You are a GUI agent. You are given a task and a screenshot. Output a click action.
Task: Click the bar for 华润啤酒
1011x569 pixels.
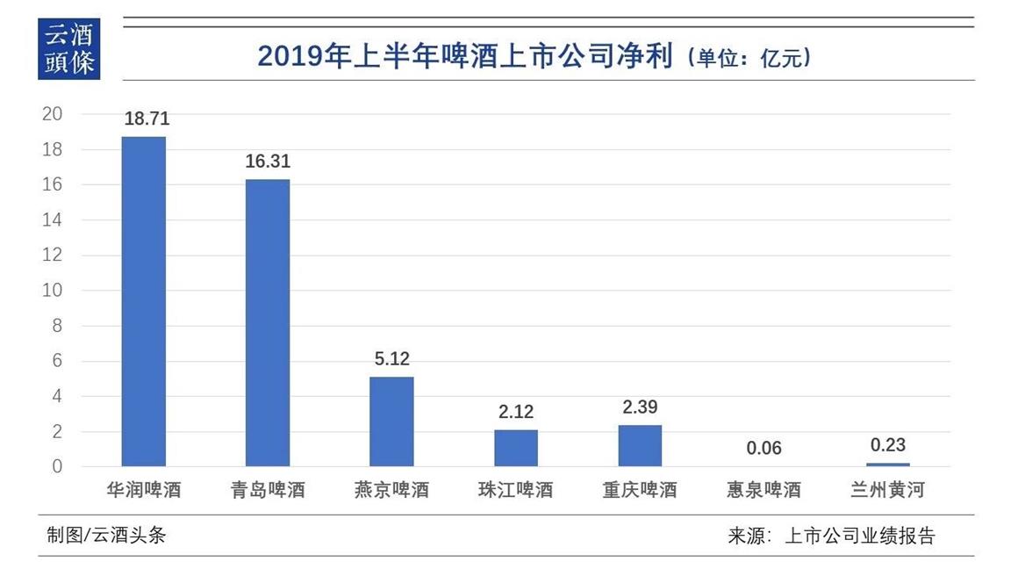click(x=143, y=301)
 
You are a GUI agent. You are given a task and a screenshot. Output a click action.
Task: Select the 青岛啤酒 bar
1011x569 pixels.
click(x=268, y=322)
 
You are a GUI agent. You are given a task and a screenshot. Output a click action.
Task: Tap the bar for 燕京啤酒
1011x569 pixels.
click(x=391, y=421)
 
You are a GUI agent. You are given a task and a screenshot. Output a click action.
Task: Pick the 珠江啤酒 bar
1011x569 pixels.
click(x=516, y=448)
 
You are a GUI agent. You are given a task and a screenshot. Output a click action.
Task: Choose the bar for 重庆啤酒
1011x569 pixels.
click(x=640, y=445)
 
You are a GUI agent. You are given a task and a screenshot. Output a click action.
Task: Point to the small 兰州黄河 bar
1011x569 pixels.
click(x=888, y=465)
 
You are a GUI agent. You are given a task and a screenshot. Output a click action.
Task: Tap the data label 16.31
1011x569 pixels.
click(x=268, y=162)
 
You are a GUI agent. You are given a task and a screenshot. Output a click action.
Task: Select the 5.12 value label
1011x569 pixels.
click(x=391, y=359)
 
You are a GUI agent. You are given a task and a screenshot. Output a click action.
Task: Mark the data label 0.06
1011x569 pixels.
click(x=764, y=449)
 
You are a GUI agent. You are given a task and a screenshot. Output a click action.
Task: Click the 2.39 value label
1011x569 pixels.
click(x=640, y=407)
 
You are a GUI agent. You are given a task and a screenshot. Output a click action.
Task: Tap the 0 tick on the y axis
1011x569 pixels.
click(x=57, y=466)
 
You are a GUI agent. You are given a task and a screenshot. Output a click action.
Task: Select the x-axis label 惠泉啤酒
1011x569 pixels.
click(x=764, y=490)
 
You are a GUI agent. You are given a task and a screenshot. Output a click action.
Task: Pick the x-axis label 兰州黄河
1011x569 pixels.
click(x=888, y=490)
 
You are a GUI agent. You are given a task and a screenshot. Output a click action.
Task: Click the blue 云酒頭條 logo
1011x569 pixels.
click(x=69, y=49)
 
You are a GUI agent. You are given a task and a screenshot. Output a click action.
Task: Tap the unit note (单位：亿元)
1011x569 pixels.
click(x=749, y=58)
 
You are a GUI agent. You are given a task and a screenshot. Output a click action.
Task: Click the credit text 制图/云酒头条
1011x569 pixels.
click(x=106, y=535)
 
